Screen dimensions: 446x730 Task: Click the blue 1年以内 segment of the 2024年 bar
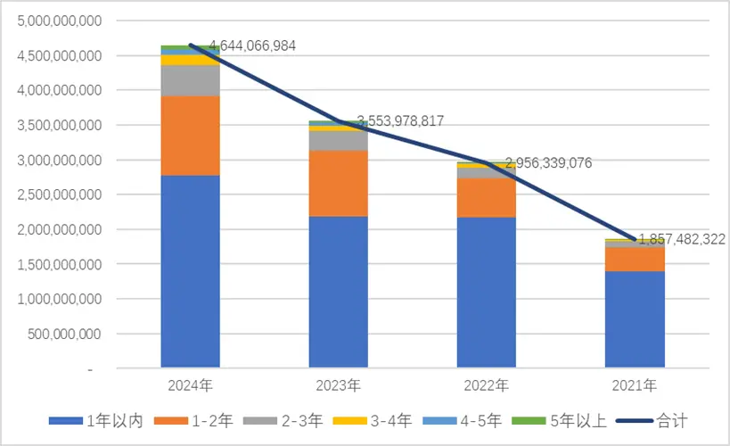pyautogui.click(x=190, y=271)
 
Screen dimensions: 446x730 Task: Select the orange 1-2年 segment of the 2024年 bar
pyautogui.click(x=190, y=136)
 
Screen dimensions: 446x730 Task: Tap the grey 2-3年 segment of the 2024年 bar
pyautogui.click(x=190, y=80)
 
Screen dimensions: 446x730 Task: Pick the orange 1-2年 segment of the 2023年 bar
pyautogui.click(x=338, y=183)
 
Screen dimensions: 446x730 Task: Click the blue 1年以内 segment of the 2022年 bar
pyautogui.click(x=486, y=292)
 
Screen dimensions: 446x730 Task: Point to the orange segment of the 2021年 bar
pyautogui.click(x=635, y=259)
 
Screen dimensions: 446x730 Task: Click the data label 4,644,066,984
pyautogui.click(x=252, y=45)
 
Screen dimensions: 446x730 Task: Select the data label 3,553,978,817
pyautogui.click(x=400, y=121)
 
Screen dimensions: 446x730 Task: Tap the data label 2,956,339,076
pyautogui.click(x=548, y=162)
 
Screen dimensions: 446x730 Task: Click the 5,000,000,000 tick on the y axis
pyautogui.click(x=60, y=21)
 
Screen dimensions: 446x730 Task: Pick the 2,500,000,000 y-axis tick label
pyautogui.click(x=60, y=194)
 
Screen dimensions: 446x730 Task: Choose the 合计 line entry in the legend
pyautogui.click(x=658, y=420)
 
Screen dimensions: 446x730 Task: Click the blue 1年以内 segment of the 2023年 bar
pyautogui.click(x=338, y=292)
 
